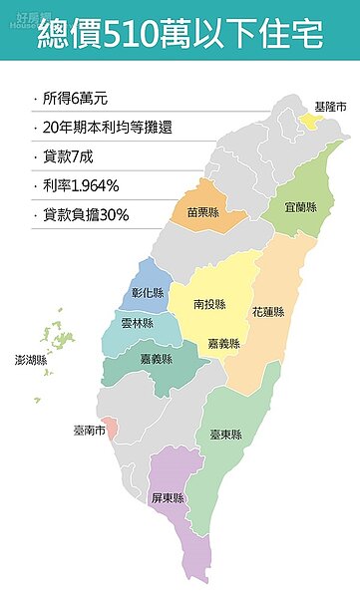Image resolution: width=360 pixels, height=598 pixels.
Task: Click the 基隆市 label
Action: coord(330,107)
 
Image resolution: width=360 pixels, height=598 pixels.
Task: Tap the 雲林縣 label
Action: coord(137,324)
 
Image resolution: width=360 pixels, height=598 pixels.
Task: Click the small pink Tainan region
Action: coord(112,430)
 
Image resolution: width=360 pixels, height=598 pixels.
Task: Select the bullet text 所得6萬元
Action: coord(76,100)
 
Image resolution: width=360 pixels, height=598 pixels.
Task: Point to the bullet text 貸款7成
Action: coord(69,156)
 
